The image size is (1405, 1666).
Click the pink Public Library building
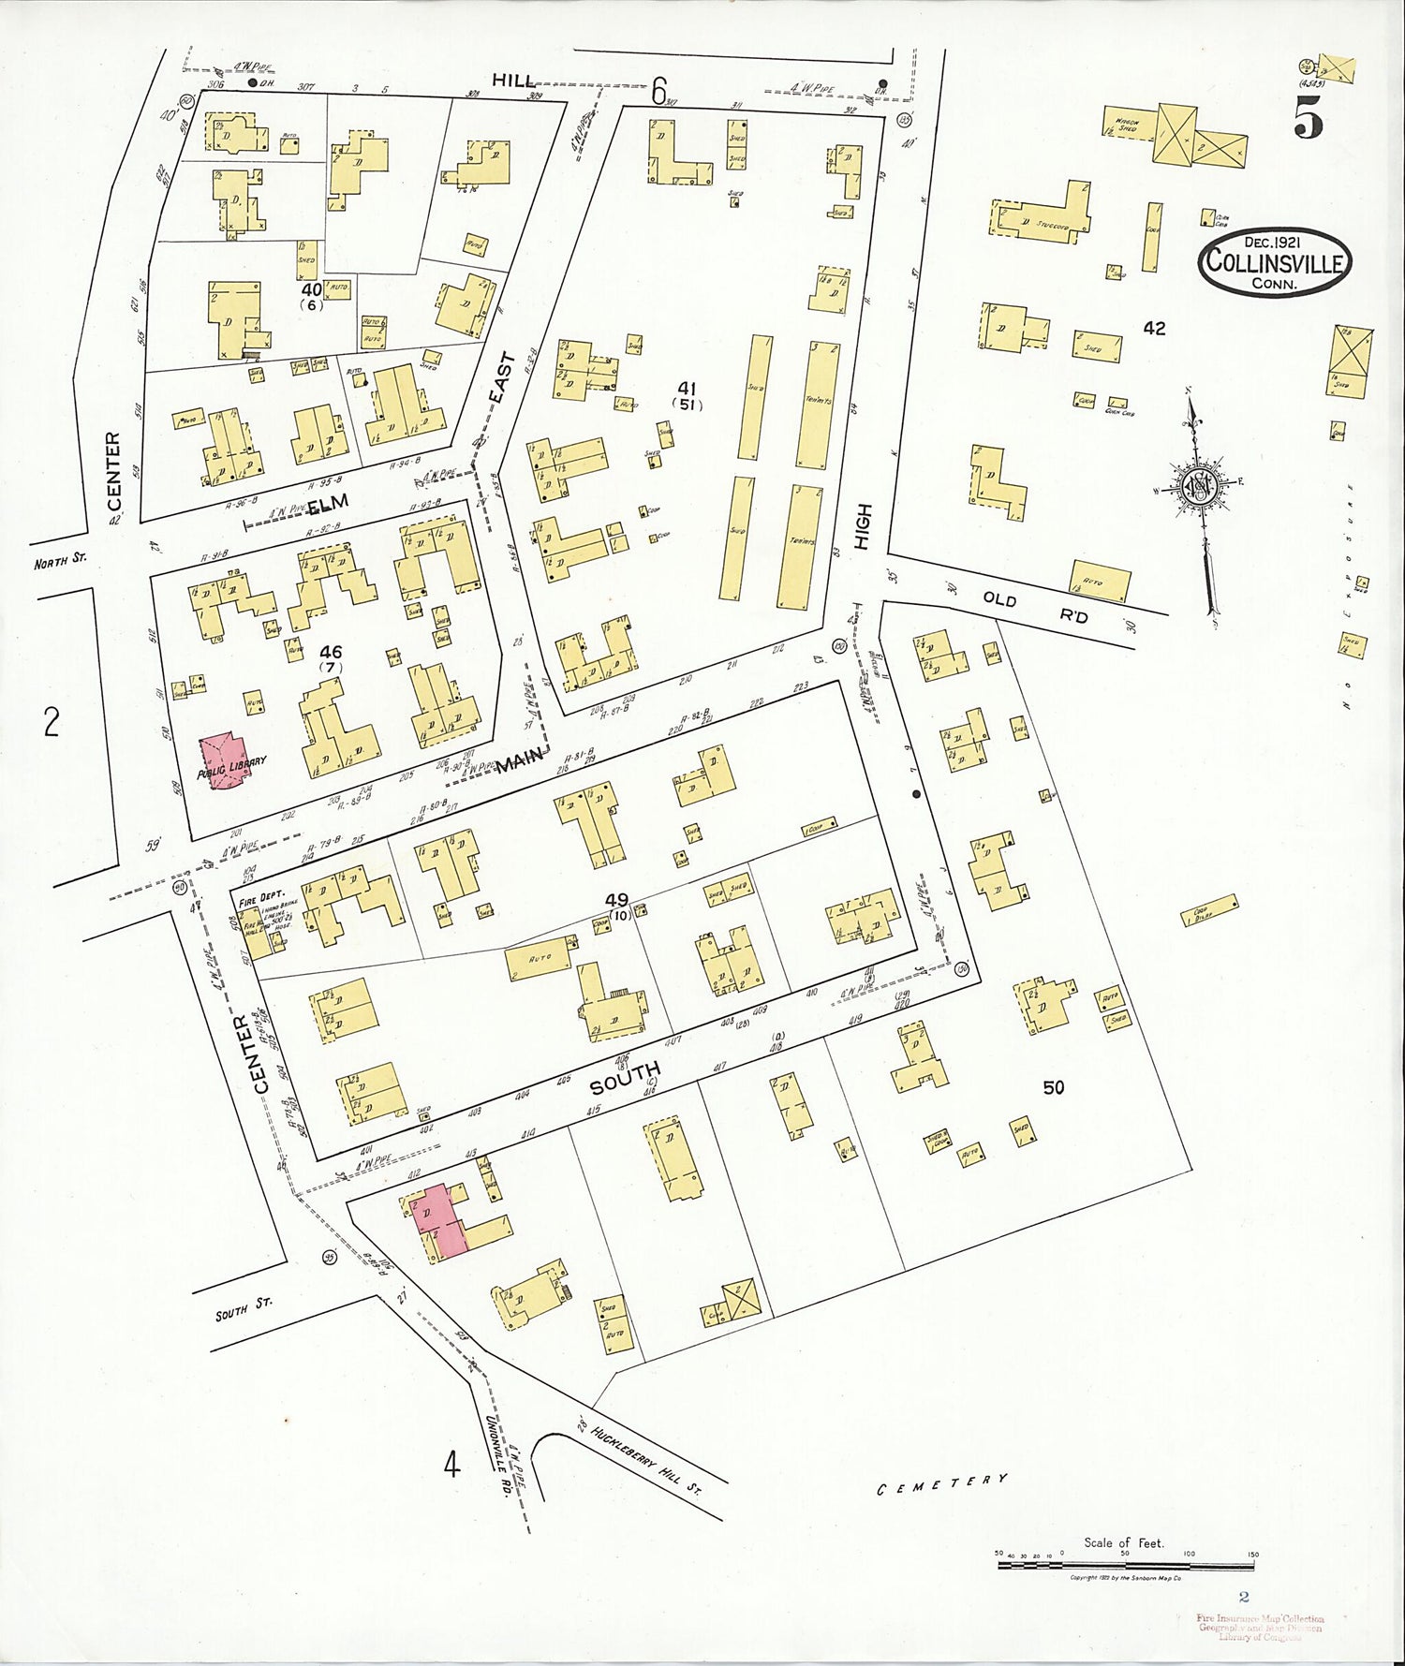[222, 761]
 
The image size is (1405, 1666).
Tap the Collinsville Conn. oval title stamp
[1274, 261]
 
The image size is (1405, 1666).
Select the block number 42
[1154, 328]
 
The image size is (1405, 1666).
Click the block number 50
[1054, 1087]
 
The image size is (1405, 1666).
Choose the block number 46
[331, 652]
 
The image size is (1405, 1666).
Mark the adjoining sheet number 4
[452, 1463]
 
